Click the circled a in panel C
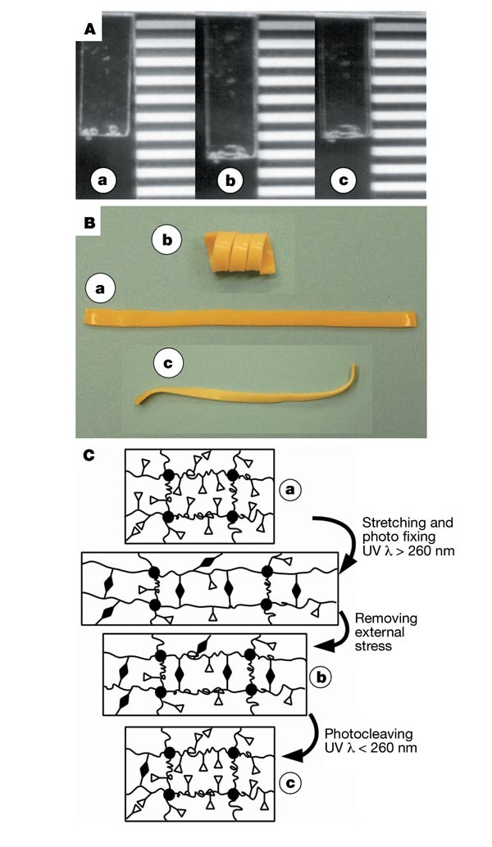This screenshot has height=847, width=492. (289, 490)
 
